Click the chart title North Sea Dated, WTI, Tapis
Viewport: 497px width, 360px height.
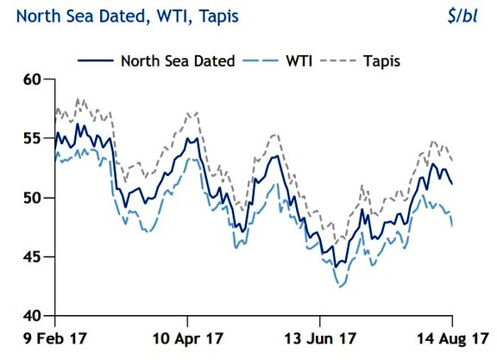coord(127,16)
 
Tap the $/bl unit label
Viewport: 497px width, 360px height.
coord(462,16)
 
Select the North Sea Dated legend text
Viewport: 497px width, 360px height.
coord(178,61)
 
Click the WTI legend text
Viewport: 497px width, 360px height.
coord(299,61)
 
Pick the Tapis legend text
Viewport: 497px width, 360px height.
coord(381,61)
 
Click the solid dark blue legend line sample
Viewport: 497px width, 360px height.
coord(96,60)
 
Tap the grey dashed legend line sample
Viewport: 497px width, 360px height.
coord(338,60)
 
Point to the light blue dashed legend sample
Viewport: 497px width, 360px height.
coord(261,60)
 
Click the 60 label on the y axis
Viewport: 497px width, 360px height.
coord(32,79)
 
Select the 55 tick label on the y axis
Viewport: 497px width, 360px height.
coord(32,138)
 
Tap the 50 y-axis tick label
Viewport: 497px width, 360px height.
coord(32,198)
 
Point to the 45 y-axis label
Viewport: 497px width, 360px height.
coord(32,257)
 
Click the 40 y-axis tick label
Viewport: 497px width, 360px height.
coord(32,316)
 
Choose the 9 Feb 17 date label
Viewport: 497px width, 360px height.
coord(55,338)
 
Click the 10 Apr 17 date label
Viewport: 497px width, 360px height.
coord(187,338)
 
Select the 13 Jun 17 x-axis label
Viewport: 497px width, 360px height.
coord(320,338)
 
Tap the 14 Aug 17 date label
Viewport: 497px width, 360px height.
coord(453,338)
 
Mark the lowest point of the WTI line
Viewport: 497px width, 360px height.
coord(340,287)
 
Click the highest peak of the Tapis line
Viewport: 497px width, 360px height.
coord(78,98)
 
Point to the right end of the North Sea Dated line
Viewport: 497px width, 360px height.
coord(452,184)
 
